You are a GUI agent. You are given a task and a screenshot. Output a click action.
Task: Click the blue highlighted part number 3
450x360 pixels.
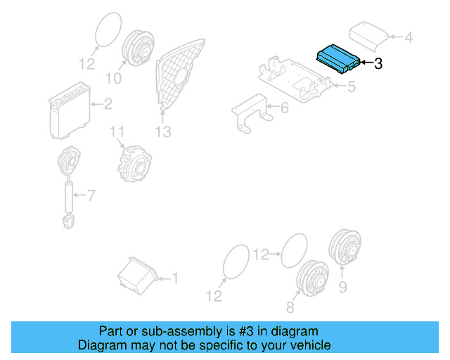[x=339, y=59]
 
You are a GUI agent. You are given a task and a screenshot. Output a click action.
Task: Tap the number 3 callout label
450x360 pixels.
[x=378, y=64]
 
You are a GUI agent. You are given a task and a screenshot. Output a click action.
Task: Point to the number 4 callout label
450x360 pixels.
[x=409, y=37]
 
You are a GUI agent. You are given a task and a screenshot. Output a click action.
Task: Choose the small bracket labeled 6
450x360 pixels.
[x=250, y=112]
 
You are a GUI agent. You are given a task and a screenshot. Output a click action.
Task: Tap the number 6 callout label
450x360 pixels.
[x=284, y=108]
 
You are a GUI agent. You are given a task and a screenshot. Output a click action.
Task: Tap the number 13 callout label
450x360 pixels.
[x=163, y=131]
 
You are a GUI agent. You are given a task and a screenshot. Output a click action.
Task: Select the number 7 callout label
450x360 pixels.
[x=89, y=193]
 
